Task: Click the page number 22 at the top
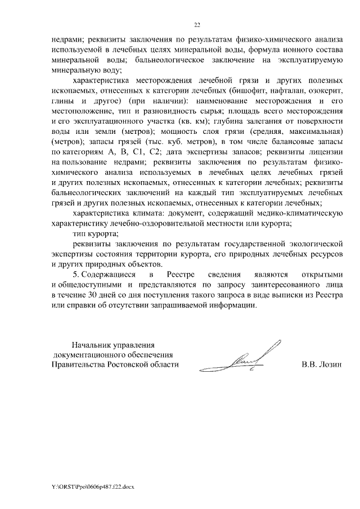[x=197, y=25]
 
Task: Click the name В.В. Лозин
[x=322, y=364]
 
